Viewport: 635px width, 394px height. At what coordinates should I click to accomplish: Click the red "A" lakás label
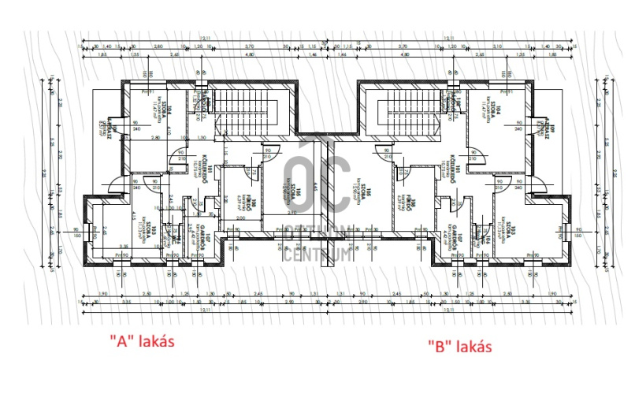[143, 341]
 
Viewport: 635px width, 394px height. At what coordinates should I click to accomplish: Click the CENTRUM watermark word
[317, 254]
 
